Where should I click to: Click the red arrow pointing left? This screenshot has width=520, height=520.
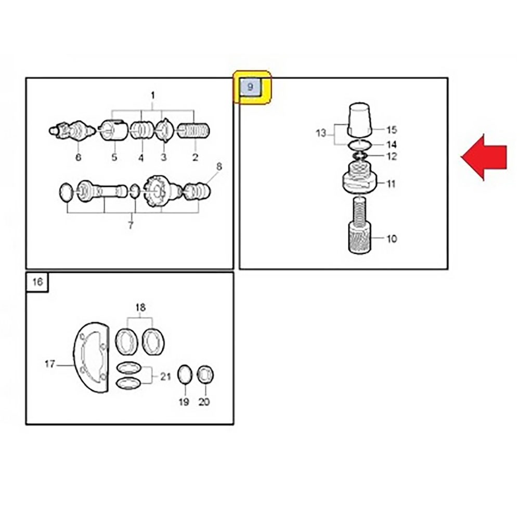pos(484,157)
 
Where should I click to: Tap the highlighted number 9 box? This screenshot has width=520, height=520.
pos(251,87)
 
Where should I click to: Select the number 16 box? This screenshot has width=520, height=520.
pos(37,282)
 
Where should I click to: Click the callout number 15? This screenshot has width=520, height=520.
pos(392,129)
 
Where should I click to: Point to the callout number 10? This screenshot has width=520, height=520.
pos(392,239)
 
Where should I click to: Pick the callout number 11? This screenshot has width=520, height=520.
pos(392,184)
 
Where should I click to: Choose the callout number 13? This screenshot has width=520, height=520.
pos(321,133)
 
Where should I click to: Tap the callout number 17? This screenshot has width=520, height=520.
pos(50,364)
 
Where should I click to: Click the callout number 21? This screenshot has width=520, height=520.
pos(165,376)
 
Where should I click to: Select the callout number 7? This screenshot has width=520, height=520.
pos(131,226)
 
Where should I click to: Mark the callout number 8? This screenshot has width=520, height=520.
pos(219,166)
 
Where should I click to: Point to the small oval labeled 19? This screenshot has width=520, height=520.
pos(185,375)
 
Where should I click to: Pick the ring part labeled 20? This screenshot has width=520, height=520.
pos(205,375)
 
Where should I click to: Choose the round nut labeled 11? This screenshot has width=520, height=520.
pos(359,179)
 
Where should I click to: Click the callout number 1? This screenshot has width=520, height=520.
pos(153,96)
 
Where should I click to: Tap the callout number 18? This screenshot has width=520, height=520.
pos(140,307)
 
